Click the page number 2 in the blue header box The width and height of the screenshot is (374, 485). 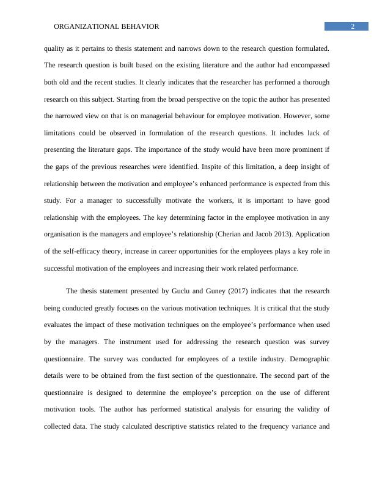[x=353, y=26]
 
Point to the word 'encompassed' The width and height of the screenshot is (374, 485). [x=309, y=64]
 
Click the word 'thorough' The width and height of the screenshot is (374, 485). [x=313, y=81]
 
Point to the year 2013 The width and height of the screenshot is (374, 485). [x=278, y=234]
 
